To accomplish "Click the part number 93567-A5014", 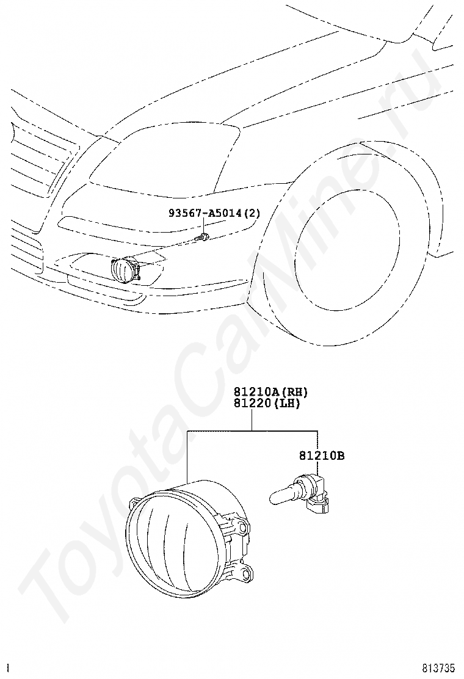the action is click(x=206, y=213).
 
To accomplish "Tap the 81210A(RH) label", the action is click(x=271, y=392).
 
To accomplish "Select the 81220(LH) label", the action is click(x=267, y=403).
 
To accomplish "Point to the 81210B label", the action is click(x=322, y=456).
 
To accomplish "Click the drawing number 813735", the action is click(x=440, y=668).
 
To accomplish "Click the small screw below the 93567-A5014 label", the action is click(x=201, y=237).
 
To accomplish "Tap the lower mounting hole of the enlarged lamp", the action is click(x=246, y=574).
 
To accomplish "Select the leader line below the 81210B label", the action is click(x=317, y=468).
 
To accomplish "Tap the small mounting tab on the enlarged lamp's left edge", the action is click(x=134, y=503).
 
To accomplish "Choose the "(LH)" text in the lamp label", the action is click(x=288, y=403).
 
